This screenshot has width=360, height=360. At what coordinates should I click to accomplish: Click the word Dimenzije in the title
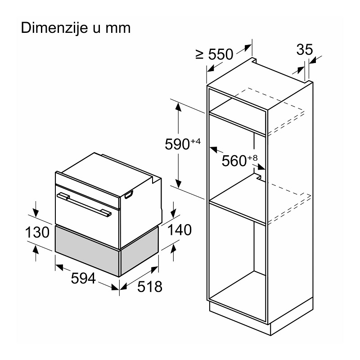coord(54,28)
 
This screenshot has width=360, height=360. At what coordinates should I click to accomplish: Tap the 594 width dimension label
coord(83,278)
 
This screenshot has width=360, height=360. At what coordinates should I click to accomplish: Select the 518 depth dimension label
coord(150,287)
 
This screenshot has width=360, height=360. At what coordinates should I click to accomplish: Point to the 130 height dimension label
coord(37,232)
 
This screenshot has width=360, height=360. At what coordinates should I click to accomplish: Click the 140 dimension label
coord(180,230)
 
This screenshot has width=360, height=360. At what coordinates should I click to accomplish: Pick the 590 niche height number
coord(177,144)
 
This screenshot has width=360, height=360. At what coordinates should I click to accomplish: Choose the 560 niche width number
coord(234,161)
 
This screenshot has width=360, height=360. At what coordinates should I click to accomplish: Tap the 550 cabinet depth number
coord(220,54)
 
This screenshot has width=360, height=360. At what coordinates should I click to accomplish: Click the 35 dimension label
coord(305,49)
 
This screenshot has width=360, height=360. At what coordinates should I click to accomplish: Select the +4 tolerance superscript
coord(195,141)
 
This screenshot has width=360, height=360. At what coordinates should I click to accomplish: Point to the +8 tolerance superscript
coord(252,158)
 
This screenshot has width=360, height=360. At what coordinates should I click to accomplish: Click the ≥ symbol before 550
coord(200,54)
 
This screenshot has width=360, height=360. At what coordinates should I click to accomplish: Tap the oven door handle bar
coord(84,204)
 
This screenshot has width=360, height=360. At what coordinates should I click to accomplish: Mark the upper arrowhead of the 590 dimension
coord(178,107)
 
